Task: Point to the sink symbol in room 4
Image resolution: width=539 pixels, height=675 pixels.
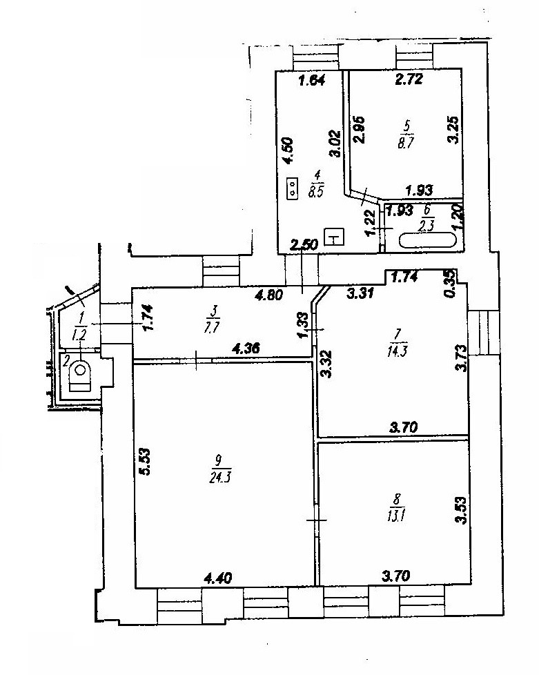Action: [335, 237]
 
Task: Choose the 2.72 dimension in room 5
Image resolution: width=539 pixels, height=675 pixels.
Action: [407, 80]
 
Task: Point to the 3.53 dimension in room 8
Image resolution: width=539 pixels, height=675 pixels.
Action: [460, 511]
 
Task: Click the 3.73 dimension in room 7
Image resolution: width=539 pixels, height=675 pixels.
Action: [460, 358]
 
